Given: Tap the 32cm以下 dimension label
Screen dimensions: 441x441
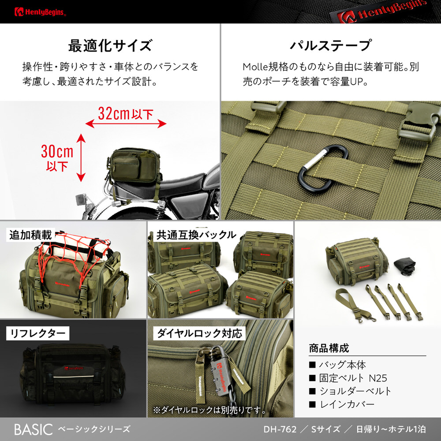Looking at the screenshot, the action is (x=125, y=113).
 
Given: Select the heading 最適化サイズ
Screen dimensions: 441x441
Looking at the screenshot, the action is (x=110, y=45).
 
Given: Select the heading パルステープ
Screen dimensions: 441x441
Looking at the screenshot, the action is (x=330, y=45).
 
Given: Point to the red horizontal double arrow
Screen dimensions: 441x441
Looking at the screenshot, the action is (x=126, y=123).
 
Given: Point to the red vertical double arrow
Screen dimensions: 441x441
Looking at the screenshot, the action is (x=81, y=157).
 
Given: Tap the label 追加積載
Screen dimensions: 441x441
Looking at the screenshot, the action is (x=31, y=235).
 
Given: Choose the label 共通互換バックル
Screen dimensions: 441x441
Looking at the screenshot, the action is (x=196, y=235).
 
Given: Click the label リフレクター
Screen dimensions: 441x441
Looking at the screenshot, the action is (x=37, y=333).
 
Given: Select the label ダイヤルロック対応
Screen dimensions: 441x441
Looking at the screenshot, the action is (x=199, y=333).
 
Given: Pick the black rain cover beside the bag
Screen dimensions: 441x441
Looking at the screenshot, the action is (x=404, y=266).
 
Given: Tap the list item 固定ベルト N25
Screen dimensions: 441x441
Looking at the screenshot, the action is (x=353, y=378).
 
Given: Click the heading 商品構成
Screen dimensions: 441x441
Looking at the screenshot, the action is (x=329, y=348).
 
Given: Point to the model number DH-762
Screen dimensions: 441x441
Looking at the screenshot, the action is (x=280, y=429).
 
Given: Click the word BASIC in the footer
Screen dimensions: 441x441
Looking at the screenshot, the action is (x=34, y=430).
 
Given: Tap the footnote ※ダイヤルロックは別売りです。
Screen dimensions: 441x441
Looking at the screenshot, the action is (x=210, y=410).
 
